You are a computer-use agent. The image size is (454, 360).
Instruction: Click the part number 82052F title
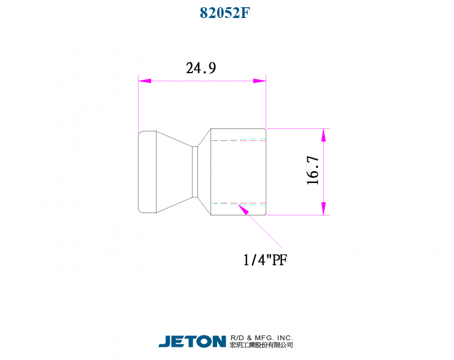pos(225,13)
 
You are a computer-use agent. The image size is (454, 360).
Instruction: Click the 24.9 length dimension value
pos(201,68)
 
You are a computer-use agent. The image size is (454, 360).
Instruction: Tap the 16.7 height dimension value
pos(312,170)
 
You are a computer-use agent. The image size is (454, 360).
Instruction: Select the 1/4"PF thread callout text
pos(265,260)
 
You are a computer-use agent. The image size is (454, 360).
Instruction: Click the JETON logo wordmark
pos(193,341)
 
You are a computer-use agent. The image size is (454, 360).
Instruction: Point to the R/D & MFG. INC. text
pos(261,338)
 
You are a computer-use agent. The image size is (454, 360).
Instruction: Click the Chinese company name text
pos(261,344)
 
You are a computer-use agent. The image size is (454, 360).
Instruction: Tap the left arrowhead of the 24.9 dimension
pos(145,81)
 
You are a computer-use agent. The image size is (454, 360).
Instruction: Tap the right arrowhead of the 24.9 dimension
pos(260,81)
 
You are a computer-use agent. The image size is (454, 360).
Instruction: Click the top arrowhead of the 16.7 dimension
pos(323,135)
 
